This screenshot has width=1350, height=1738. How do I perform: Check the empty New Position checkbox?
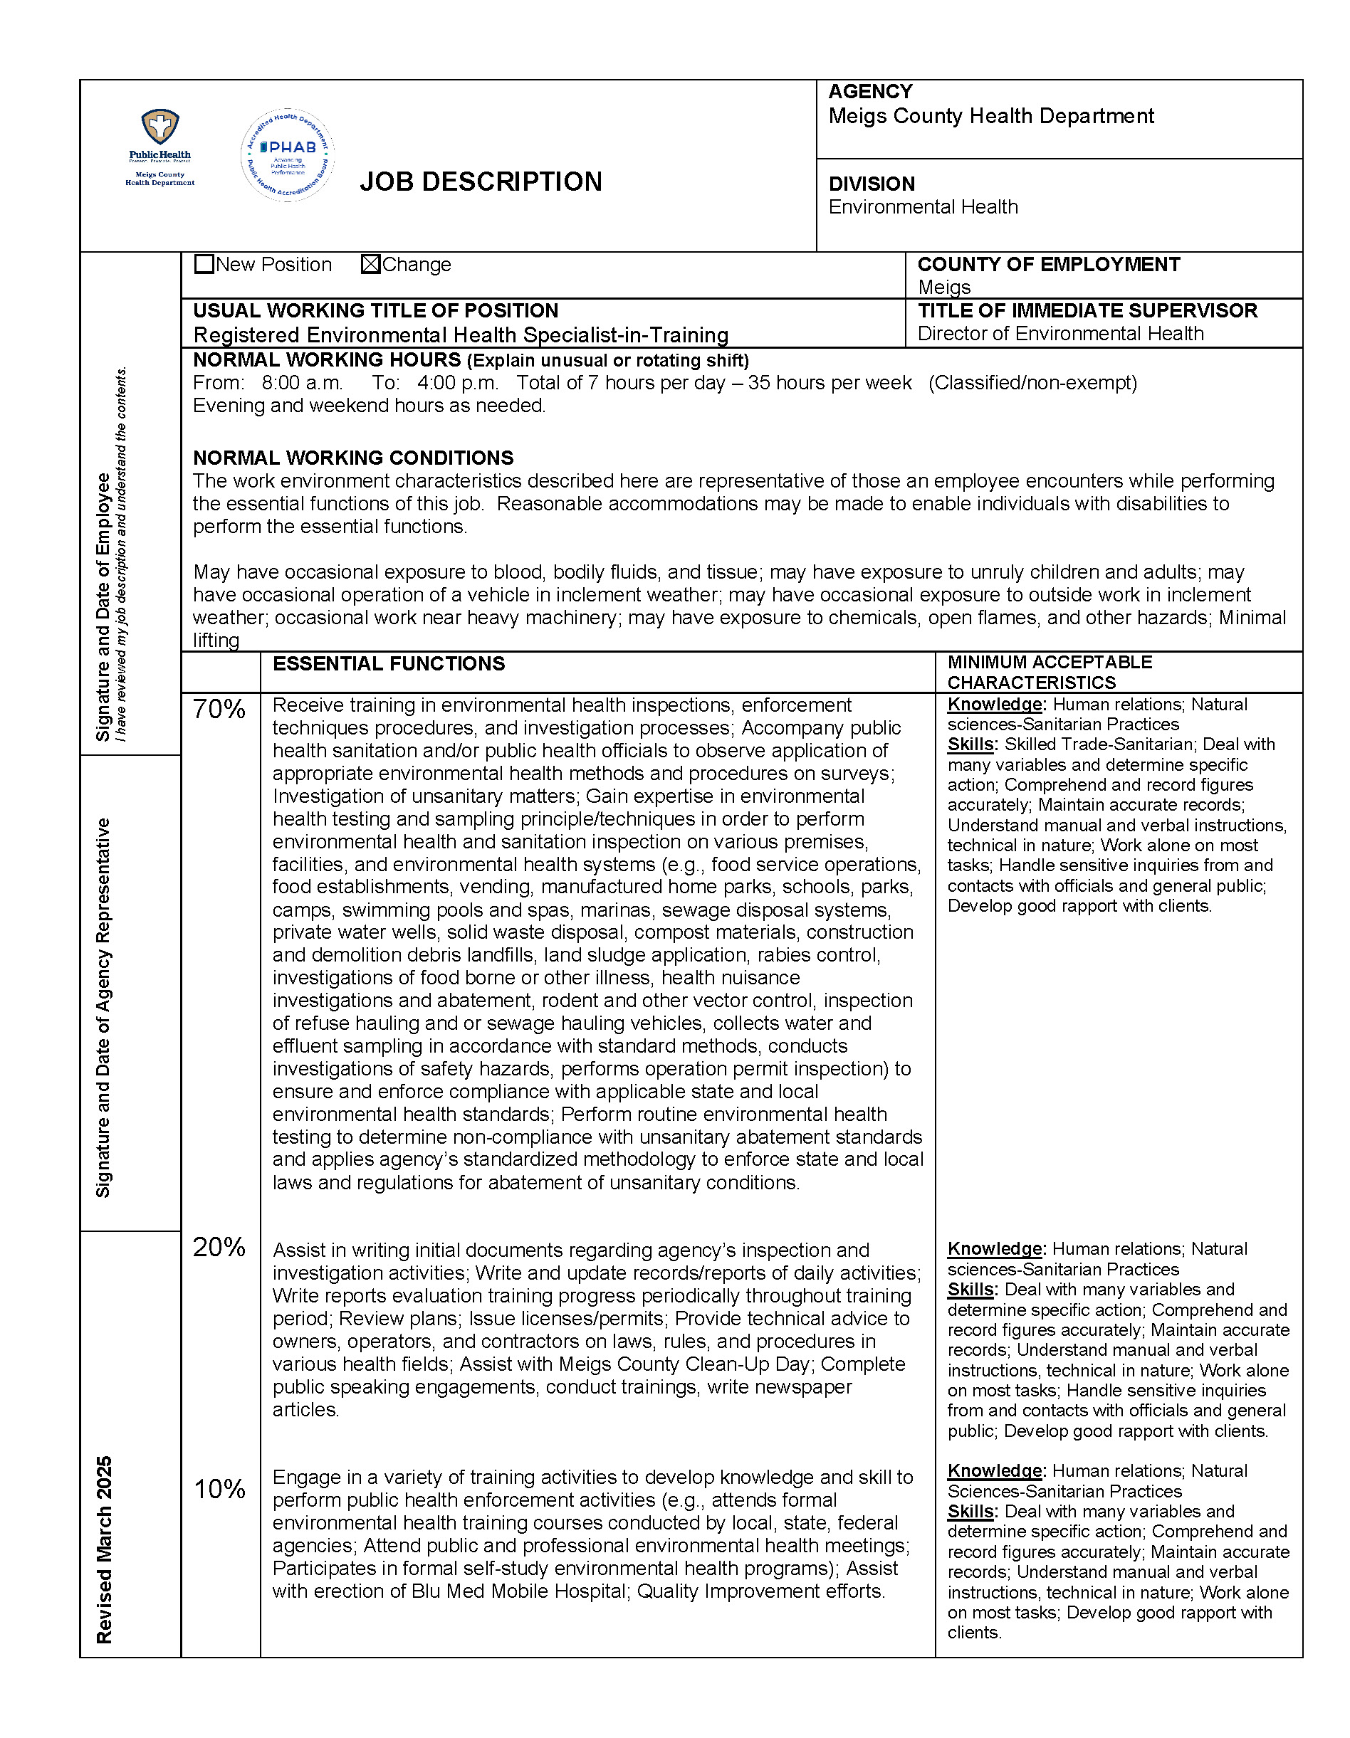[204, 264]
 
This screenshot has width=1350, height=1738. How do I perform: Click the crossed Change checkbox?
[370, 264]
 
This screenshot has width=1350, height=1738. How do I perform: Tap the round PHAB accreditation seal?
[288, 155]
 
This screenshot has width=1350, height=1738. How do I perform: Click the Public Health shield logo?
[160, 127]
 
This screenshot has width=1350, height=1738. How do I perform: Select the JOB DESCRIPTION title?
[481, 182]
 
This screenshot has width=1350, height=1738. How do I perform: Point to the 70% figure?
[219, 709]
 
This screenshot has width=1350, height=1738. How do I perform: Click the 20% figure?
[219, 1247]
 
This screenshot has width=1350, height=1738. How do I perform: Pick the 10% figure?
[219, 1489]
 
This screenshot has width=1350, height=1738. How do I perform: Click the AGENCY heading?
[870, 93]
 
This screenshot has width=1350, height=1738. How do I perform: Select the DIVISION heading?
[872, 184]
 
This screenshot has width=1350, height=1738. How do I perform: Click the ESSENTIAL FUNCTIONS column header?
[389, 664]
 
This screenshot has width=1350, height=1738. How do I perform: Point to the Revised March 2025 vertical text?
[104, 1549]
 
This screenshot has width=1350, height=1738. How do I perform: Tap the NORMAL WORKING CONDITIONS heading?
[352, 458]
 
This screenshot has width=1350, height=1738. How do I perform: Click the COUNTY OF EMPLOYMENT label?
[1048, 264]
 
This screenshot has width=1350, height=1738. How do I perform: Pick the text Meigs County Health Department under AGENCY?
[991, 116]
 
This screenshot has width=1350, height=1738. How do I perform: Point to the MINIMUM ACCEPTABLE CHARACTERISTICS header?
[1049, 673]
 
